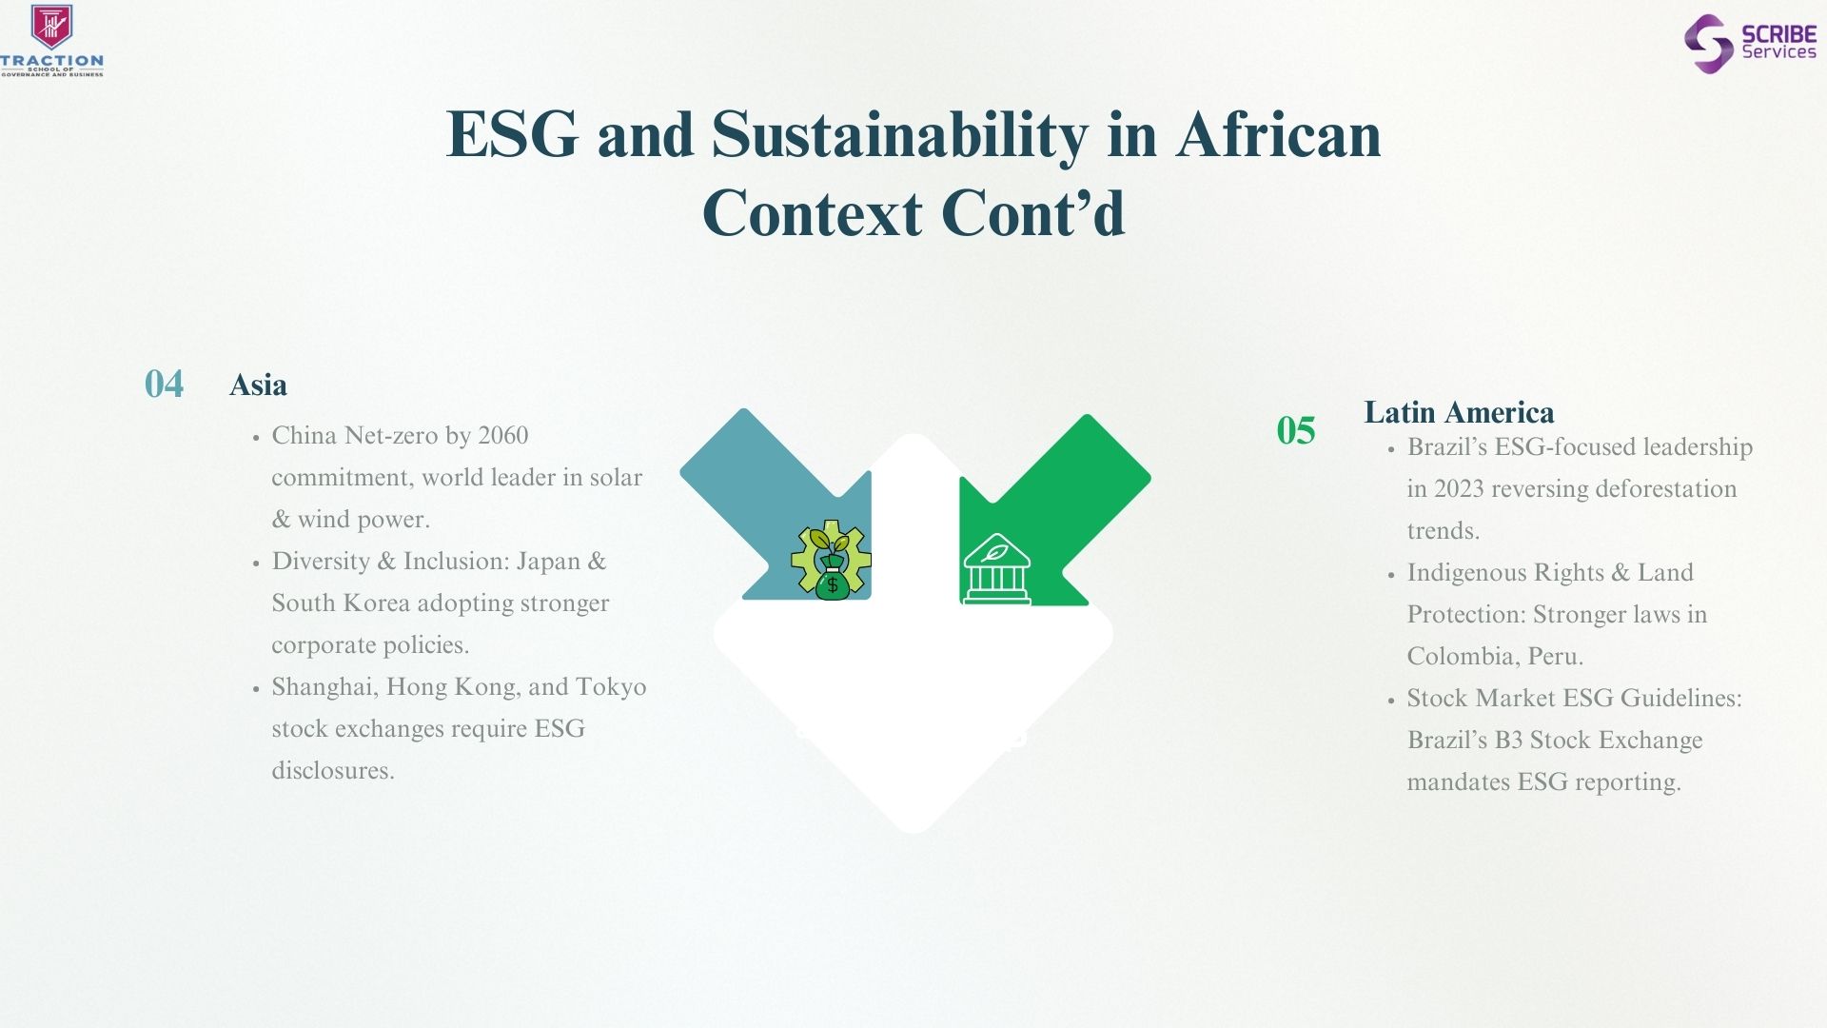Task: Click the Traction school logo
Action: point(52,40)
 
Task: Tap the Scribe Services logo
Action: point(1750,43)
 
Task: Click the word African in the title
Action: point(1278,134)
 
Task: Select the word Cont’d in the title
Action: point(1033,212)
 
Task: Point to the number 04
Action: point(164,384)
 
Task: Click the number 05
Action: point(1296,430)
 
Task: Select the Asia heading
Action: point(258,385)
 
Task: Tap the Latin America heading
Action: point(1459,412)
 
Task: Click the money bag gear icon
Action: point(832,560)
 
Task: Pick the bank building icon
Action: point(996,568)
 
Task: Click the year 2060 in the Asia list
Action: point(502,436)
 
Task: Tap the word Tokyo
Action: point(611,687)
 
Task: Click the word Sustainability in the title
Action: point(899,135)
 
